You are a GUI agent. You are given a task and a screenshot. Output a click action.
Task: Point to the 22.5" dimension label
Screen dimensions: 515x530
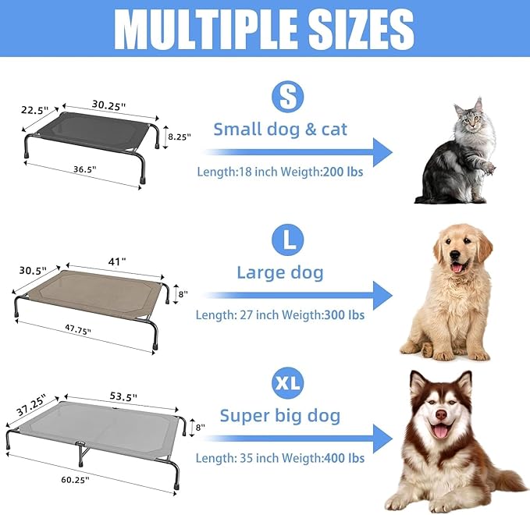(x=34, y=111)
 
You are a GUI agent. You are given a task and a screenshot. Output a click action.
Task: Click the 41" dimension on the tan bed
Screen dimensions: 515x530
(x=116, y=263)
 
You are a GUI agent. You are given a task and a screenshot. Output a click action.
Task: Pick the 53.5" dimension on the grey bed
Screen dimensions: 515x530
(x=123, y=397)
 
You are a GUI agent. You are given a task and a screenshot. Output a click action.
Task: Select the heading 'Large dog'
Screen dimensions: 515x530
(x=279, y=272)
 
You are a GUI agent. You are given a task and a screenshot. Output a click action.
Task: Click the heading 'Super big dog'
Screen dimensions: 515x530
(x=279, y=415)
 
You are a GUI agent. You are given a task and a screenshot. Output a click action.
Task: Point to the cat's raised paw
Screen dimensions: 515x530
(x=487, y=165)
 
